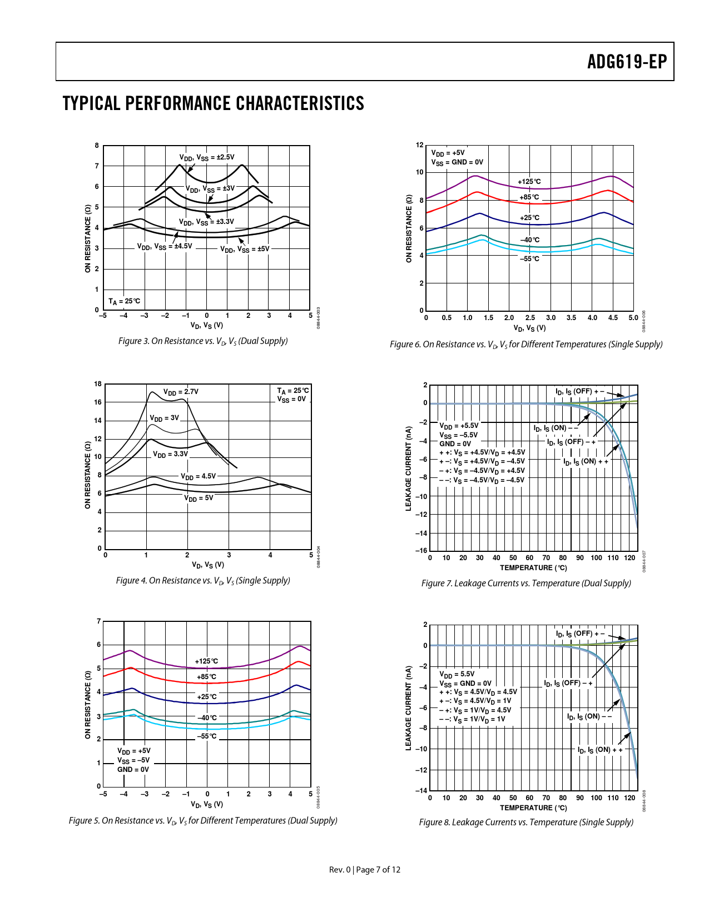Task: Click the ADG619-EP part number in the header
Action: point(627,62)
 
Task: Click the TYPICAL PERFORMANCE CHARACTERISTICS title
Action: point(214,104)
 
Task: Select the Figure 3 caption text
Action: point(203,341)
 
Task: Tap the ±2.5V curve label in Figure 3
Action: point(207,158)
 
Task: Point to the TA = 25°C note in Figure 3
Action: point(124,301)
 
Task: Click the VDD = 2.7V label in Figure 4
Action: point(181,392)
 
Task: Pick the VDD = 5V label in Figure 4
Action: point(199,499)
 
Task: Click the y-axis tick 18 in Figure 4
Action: point(98,384)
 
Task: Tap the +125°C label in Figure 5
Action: point(206,661)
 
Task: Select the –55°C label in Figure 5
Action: point(207,736)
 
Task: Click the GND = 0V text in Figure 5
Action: point(133,770)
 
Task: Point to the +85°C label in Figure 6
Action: point(529,197)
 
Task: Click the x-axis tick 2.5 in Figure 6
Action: point(530,318)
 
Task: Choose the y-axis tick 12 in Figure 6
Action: point(420,145)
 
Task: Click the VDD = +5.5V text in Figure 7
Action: point(459,426)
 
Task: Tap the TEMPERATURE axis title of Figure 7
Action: point(533,568)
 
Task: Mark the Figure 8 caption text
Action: point(526,823)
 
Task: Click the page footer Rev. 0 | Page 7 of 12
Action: point(365,870)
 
